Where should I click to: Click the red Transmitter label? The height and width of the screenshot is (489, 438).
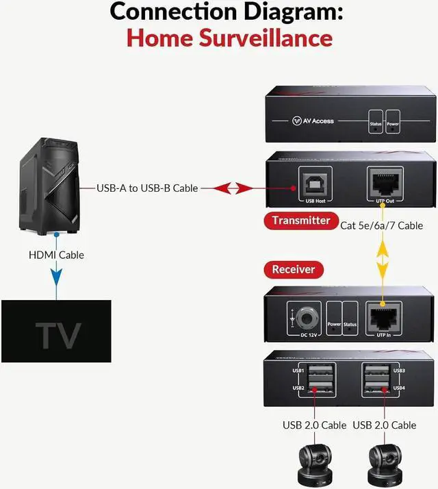(x=300, y=220)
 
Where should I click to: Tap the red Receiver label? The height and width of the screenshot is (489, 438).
(x=294, y=269)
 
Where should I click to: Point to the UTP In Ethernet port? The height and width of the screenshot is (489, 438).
(x=381, y=316)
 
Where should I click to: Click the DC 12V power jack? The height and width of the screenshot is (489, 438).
(x=307, y=316)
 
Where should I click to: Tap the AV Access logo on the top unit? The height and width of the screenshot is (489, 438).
(x=313, y=121)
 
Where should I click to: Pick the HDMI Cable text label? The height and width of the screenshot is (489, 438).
(x=56, y=255)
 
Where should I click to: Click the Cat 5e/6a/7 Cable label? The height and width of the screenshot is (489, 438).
(x=381, y=225)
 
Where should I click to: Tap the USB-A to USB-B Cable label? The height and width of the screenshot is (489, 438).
(x=146, y=188)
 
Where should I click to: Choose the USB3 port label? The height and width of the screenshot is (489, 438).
(x=400, y=371)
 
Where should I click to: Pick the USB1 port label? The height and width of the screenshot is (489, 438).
(x=298, y=371)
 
